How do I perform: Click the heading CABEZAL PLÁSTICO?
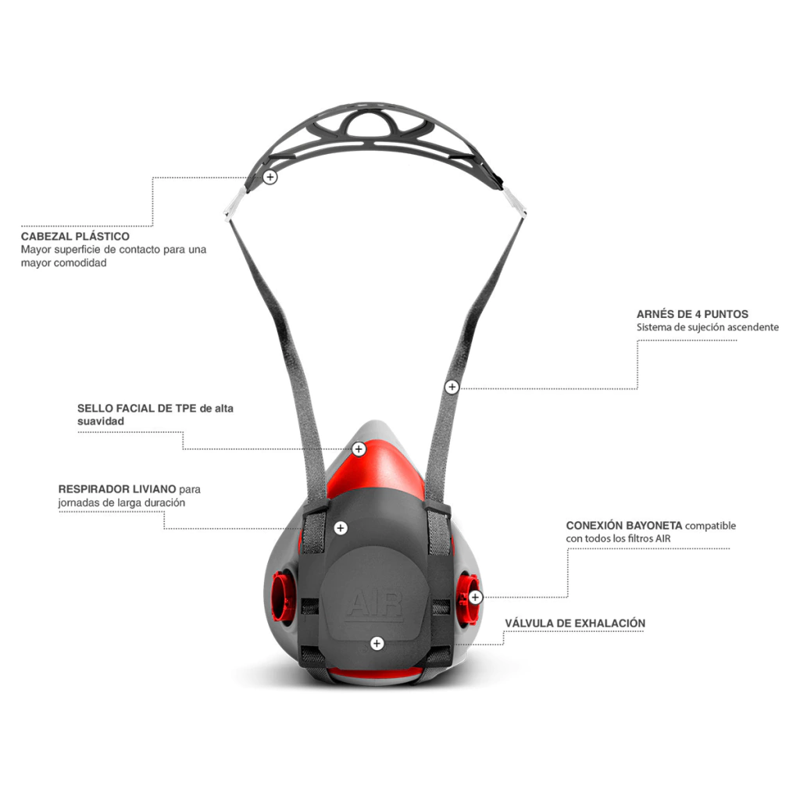click(x=75, y=236)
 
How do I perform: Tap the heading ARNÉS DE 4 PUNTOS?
click(x=692, y=314)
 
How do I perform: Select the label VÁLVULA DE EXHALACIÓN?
click(x=575, y=623)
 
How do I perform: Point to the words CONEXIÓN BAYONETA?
click(x=624, y=526)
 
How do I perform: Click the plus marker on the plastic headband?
click(x=270, y=177)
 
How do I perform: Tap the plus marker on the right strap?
click(x=452, y=387)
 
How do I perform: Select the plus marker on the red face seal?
click(x=359, y=449)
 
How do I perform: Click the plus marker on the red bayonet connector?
click(x=476, y=598)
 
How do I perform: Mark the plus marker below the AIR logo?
click(x=377, y=643)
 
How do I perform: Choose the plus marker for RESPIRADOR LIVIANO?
click(x=341, y=528)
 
